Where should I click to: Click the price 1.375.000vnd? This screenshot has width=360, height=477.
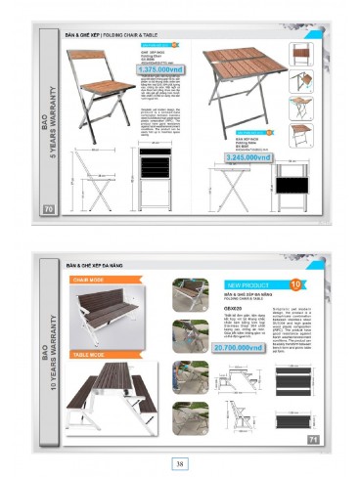[x=160, y=70]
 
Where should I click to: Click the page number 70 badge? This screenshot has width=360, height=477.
[x=47, y=208]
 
